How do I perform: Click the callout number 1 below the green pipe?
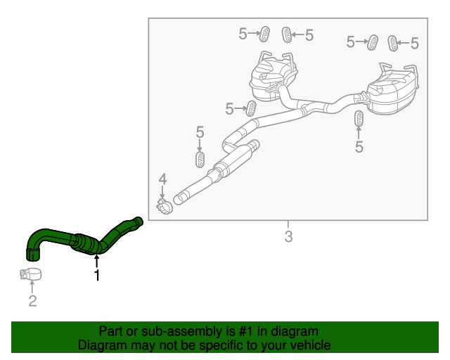pos(97,276)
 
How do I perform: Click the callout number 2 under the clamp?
pos(32,302)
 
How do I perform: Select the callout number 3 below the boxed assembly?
pos(288,236)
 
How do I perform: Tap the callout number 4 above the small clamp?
pos(162,180)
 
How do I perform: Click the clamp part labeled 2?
pos(30,274)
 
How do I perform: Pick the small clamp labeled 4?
pos(163,207)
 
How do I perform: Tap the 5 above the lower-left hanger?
pos(200,132)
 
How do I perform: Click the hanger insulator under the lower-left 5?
pos(200,158)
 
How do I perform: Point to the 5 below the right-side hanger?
pos(359,147)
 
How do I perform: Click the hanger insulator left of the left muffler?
pos(250,109)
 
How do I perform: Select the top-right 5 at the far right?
pos(414,44)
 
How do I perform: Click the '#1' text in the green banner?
pos(240,331)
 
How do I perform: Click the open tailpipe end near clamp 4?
pos(178,198)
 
